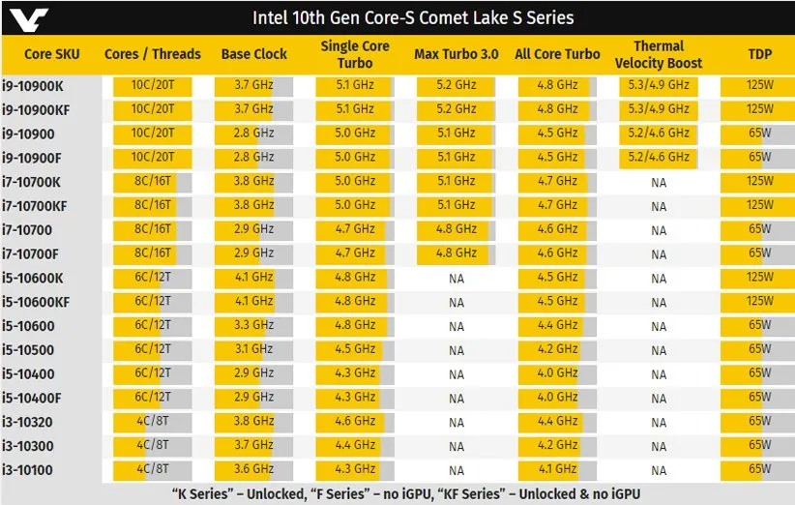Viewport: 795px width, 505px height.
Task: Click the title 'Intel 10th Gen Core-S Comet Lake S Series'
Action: pyautogui.click(x=413, y=17)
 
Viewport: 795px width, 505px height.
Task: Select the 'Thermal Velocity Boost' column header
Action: pyautogui.click(x=658, y=55)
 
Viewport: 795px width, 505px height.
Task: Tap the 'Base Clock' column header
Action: pyautogui.click(x=253, y=54)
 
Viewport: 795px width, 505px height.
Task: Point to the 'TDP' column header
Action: pyautogui.click(x=759, y=55)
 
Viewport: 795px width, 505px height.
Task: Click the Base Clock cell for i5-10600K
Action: pyautogui.click(x=253, y=278)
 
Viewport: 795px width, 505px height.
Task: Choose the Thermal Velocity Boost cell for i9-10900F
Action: pyautogui.click(x=658, y=157)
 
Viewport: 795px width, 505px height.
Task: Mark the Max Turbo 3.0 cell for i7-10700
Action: pyautogui.click(x=456, y=229)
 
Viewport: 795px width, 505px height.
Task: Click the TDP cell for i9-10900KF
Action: pyautogui.click(x=759, y=109)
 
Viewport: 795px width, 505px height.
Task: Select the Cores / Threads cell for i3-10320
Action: pyautogui.click(x=152, y=422)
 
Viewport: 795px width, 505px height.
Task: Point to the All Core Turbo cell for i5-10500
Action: pyautogui.click(x=557, y=349)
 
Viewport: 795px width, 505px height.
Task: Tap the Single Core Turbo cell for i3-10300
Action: pyautogui.click(x=354, y=446)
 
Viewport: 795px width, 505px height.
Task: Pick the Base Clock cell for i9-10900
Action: pyautogui.click(x=253, y=134)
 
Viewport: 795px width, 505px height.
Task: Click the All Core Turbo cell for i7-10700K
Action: pyautogui.click(x=557, y=181)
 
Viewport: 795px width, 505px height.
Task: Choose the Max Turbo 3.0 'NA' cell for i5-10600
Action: pyautogui.click(x=456, y=326)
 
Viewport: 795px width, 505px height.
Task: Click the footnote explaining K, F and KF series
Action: pyautogui.click(x=397, y=493)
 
